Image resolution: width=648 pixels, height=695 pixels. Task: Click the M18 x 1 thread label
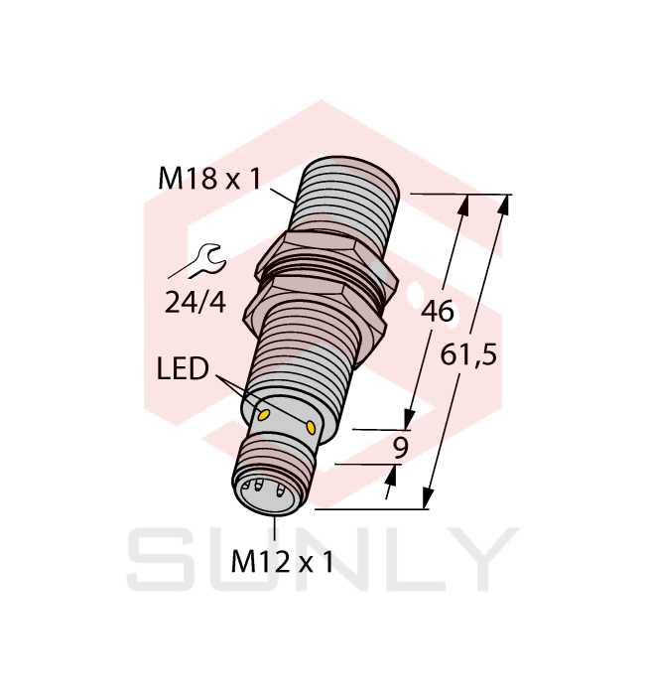[209, 180]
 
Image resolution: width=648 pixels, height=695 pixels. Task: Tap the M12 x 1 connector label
[282, 563]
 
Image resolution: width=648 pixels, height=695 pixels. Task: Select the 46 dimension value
[438, 312]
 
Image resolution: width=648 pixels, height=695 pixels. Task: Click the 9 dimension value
[401, 448]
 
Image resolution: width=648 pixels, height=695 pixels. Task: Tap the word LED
[184, 371]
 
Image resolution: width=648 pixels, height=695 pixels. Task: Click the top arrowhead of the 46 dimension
[465, 204]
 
